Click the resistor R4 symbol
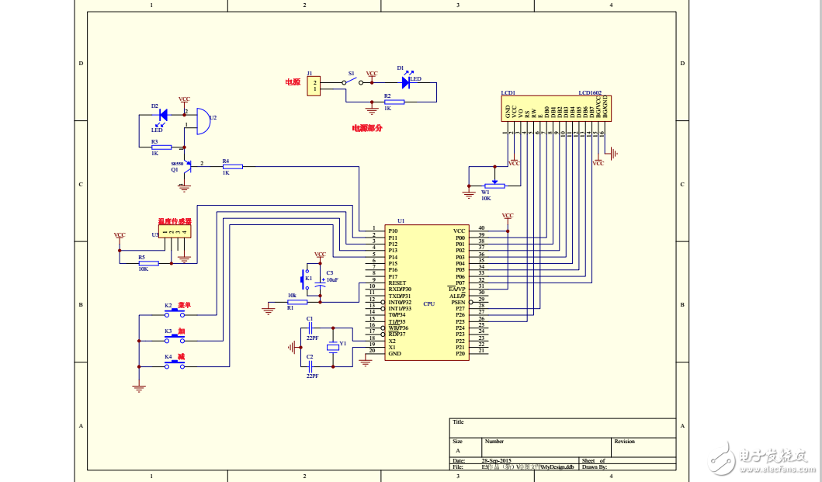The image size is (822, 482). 232,166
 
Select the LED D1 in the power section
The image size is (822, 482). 405,81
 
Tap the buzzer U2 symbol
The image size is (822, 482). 200,122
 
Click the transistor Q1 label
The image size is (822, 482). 175,169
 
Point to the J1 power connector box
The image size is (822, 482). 314,85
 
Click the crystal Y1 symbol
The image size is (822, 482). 334,346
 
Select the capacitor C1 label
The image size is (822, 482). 310,318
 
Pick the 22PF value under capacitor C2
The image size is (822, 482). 311,376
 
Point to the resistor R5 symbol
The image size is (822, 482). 149,263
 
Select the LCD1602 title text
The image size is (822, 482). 590,92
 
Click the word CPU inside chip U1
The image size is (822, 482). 428,303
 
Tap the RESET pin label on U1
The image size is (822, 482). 397,283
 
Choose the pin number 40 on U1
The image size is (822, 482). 481,228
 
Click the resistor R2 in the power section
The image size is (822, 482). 394,102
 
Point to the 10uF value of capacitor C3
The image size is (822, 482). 332,279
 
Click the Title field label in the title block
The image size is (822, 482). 458,422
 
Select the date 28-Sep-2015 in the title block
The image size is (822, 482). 497,460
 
